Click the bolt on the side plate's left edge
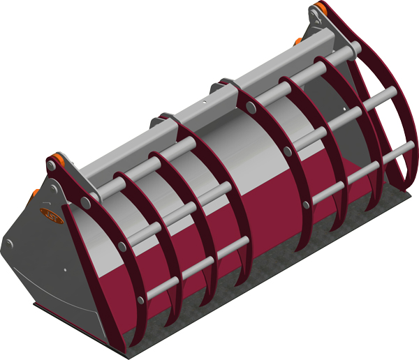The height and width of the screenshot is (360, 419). tap(8, 243)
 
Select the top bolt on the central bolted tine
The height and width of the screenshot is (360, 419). tap(249, 107)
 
